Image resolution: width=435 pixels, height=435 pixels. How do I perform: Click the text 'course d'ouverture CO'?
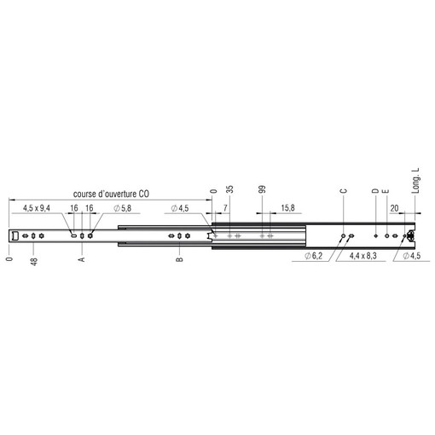[111, 194]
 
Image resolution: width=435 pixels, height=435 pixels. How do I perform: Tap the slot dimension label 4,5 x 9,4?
[37, 208]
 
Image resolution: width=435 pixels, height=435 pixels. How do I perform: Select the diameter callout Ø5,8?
[123, 208]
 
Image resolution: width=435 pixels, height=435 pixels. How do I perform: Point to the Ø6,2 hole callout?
[314, 256]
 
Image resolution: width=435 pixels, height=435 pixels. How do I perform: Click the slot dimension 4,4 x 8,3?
[363, 256]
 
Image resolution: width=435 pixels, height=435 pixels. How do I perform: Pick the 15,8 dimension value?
[287, 208]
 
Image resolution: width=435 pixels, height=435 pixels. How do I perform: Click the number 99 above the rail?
[263, 189]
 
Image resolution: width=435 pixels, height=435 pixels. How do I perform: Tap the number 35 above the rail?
[230, 189]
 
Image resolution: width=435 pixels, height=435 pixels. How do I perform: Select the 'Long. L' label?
[415, 181]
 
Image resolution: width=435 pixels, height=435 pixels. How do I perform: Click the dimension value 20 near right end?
[394, 208]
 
